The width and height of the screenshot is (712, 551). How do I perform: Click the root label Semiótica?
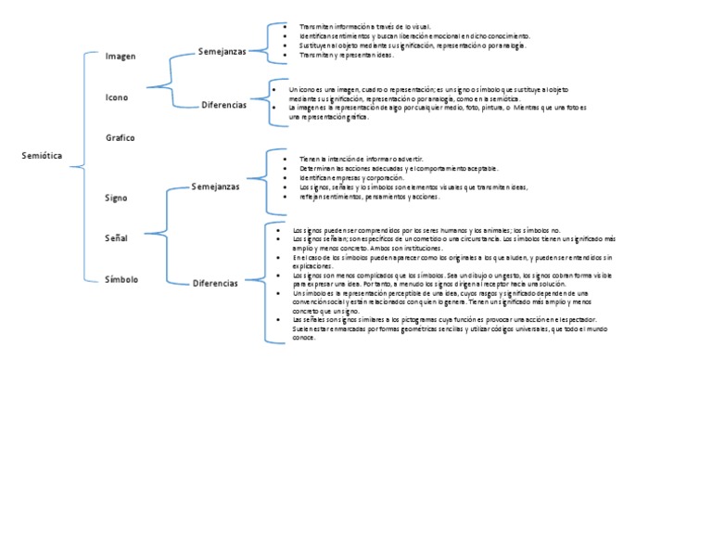pos(42,156)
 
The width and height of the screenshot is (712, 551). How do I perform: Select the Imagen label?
pos(121,57)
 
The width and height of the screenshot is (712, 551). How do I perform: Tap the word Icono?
pos(118,97)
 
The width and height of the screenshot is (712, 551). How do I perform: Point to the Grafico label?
pos(121,137)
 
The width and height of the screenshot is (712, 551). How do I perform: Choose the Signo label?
pos(117,198)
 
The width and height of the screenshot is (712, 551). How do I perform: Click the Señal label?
pos(117,238)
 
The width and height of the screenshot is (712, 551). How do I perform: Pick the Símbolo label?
pos(121,278)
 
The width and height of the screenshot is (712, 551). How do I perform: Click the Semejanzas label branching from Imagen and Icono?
pos(222,52)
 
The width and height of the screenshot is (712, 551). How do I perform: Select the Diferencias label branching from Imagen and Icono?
pos(223,105)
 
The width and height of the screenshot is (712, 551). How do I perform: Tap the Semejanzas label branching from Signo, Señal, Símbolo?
pos(215,186)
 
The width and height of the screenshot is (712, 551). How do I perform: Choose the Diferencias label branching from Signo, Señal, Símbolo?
pos(215,283)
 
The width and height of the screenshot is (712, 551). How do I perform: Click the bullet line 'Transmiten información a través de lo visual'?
pos(358,28)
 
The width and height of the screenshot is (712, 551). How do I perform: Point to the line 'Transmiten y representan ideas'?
pos(346,55)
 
